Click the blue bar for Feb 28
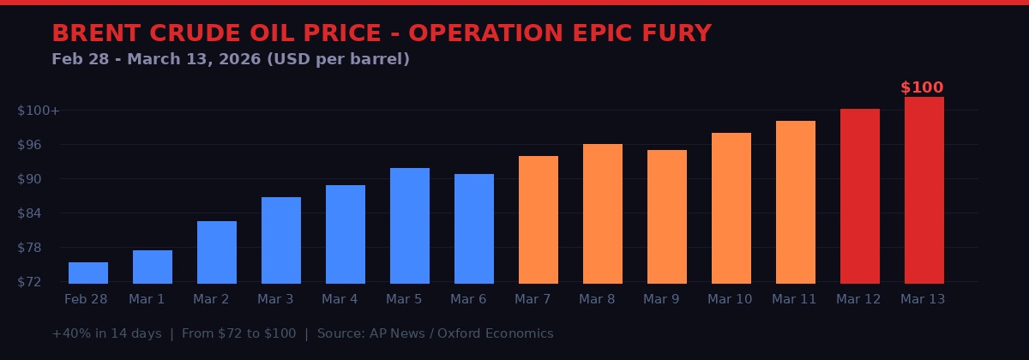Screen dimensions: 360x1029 88,273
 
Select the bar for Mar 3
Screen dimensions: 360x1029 281,240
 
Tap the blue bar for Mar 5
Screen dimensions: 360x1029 410,225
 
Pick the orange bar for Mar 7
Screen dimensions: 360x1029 539,219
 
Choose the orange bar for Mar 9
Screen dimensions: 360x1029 667,216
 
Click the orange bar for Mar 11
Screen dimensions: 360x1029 796,201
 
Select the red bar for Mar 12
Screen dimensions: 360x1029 860,195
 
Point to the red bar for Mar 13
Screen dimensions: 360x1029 924,189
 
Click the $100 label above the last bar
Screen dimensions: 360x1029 922,87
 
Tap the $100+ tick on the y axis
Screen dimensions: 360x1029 39,111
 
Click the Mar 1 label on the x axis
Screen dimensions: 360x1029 147,299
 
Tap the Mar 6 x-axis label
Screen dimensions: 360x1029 468,299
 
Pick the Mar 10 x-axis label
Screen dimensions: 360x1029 730,299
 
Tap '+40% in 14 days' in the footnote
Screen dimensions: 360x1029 106,333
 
